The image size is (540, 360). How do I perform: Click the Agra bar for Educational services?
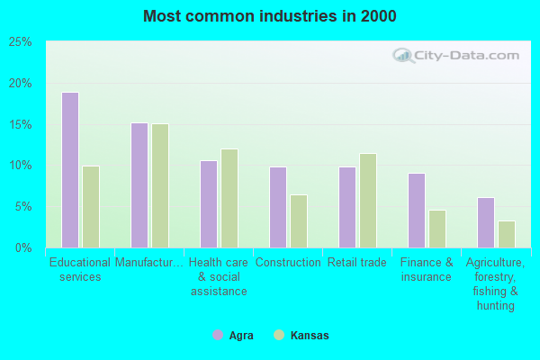(x=70, y=170)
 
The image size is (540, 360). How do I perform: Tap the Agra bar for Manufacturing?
(x=139, y=185)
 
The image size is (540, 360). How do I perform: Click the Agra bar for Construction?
(x=278, y=207)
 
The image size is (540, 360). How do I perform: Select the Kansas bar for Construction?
(x=299, y=221)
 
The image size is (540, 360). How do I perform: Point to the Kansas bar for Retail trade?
(x=368, y=201)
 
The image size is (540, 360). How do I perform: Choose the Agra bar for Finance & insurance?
(x=417, y=211)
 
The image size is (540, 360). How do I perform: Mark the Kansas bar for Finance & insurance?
(x=437, y=229)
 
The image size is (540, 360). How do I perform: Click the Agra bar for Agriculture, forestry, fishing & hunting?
(x=486, y=222)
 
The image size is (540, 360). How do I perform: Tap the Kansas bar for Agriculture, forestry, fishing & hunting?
(x=507, y=234)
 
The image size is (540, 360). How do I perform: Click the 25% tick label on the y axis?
(x=21, y=42)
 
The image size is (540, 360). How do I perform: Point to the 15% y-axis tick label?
(x=21, y=124)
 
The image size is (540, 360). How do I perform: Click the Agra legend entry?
(x=233, y=336)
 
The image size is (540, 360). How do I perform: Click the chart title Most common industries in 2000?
(x=269, y=16)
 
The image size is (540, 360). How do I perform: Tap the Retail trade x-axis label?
(x=357, y=263)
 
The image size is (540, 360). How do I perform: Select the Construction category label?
(x=288, y=263)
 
